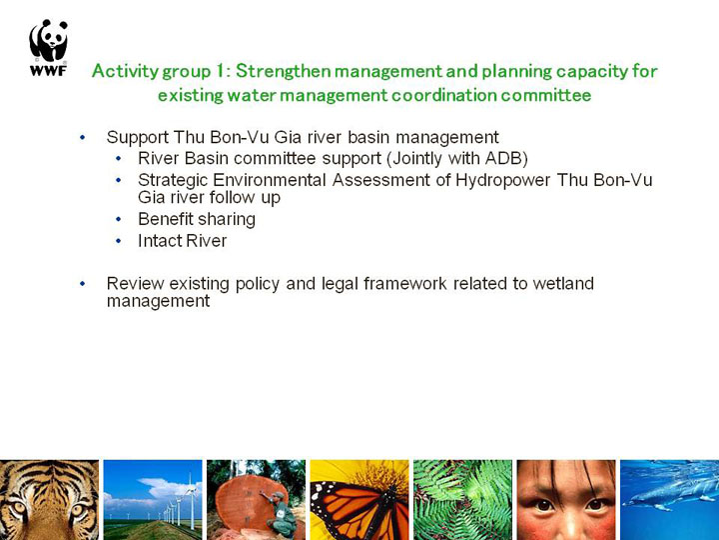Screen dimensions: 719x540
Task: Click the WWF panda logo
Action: [48, 47]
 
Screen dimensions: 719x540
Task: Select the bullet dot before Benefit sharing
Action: [119, 219]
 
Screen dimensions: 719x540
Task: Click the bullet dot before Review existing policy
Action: [83, 284]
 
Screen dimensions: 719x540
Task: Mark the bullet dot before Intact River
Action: [119, 241]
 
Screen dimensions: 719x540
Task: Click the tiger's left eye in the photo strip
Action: [17, 508]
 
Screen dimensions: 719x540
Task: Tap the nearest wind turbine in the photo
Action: [190, 502]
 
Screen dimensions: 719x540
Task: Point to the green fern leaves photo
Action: [462, 500]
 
